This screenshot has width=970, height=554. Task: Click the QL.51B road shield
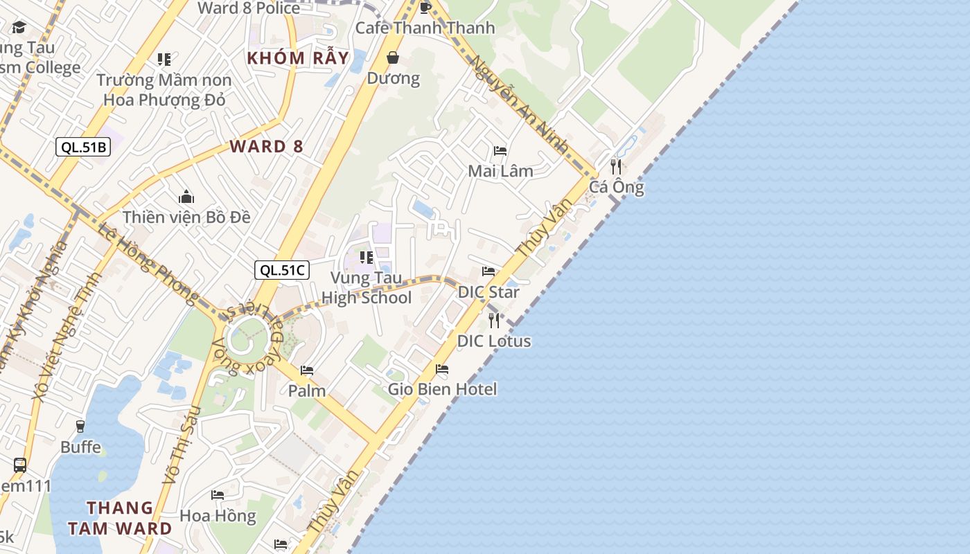(83, 146)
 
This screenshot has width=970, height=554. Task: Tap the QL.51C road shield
(282, 270)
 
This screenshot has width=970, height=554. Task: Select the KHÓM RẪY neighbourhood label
(298, 57)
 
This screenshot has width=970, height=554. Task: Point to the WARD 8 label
(267, 146)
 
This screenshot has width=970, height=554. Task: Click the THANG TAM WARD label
(120, 518)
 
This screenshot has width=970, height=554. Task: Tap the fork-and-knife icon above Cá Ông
(615, 166)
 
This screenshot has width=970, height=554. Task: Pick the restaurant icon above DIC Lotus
(494, 320)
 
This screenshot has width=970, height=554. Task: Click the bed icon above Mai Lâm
(500, 150)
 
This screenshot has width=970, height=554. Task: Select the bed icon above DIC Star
(488, 271)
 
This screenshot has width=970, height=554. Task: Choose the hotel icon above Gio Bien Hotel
(442, 368)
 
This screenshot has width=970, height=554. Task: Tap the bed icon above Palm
(307, 370)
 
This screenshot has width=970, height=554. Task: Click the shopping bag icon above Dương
(393, 57)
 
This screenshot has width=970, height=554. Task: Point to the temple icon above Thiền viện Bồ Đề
(186, 197)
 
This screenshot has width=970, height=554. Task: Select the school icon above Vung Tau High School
(367, 258)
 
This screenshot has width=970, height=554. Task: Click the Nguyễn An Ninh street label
(520, 104)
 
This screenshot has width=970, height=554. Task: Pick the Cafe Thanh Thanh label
(425, 28)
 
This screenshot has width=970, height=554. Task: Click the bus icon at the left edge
(20, 465)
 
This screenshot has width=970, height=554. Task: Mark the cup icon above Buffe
(80, 426)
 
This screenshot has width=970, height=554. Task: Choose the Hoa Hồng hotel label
(218, 516)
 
